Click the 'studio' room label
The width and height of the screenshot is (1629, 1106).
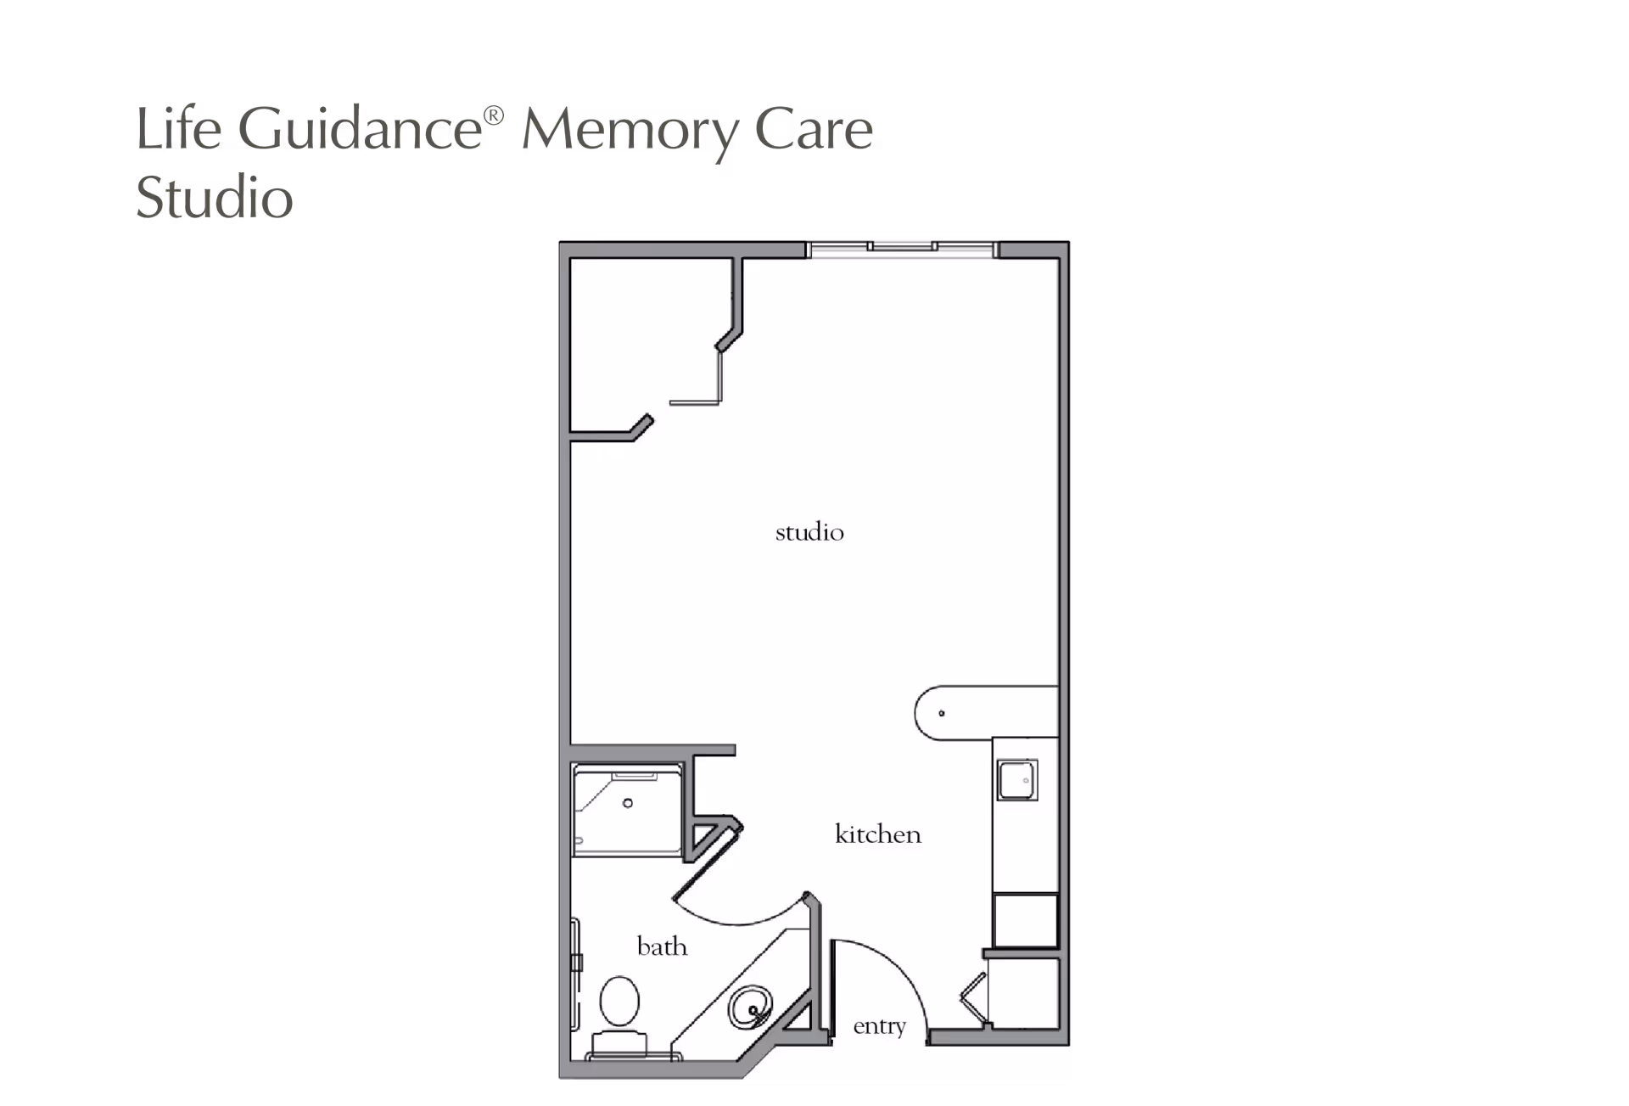[x=809, y=533]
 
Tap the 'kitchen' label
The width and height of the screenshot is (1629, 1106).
[x=877, y=834]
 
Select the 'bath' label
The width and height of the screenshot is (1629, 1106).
[x=662, y=946]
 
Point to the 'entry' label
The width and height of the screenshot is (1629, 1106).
[x=879, y=1026]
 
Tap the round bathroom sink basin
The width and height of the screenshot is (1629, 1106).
[x=751, y=1008]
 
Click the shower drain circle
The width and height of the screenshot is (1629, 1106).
[x=628, y=803]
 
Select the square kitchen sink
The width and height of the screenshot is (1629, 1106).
[x=1017, y=780]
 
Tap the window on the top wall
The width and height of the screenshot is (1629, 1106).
[x=901, y=248]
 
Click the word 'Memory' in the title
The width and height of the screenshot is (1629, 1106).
[x=628, y=132]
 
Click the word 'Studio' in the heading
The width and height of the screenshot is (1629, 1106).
[x=215, y=198]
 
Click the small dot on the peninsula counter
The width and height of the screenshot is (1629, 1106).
[x=941, y=713]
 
